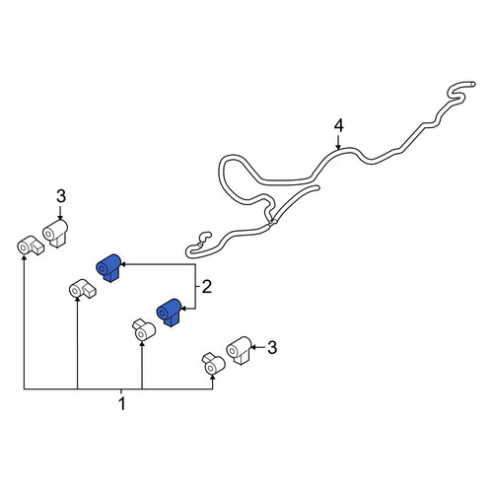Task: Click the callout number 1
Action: pos(122,404)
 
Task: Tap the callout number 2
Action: pos(206,287)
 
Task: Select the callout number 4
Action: pos(338,126)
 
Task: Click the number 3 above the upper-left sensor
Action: pos(61,196)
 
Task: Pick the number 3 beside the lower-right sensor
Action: pos(272,347)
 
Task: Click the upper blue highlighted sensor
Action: pos(108,267)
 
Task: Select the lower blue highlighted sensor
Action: pos(170,313)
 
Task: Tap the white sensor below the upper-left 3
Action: pos(55,233)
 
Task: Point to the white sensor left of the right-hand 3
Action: pos(240,350)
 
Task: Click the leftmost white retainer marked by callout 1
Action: pos(31,246)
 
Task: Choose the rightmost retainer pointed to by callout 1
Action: pos(214,364)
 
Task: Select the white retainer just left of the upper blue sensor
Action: pos(82,289)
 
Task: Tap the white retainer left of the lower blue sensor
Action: pos(144,329)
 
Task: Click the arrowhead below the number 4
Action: pos(338,147)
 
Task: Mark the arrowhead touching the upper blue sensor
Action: pos(124,264)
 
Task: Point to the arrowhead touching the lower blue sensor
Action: pos(184,309)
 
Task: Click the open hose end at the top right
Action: pos(472,84)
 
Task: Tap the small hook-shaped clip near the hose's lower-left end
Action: pos(203,238)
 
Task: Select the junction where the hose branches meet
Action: pos(272,223)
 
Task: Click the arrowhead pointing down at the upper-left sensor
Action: pos(60,217)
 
